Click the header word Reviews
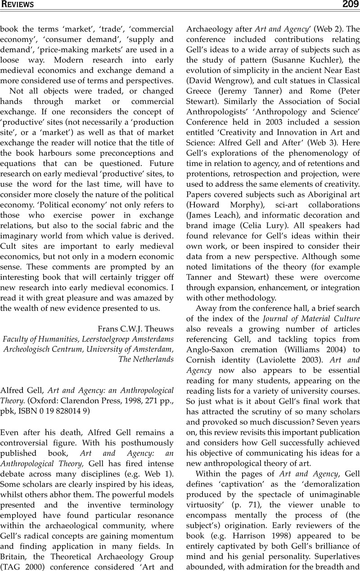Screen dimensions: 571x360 18,4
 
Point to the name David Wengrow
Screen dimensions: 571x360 217,81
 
